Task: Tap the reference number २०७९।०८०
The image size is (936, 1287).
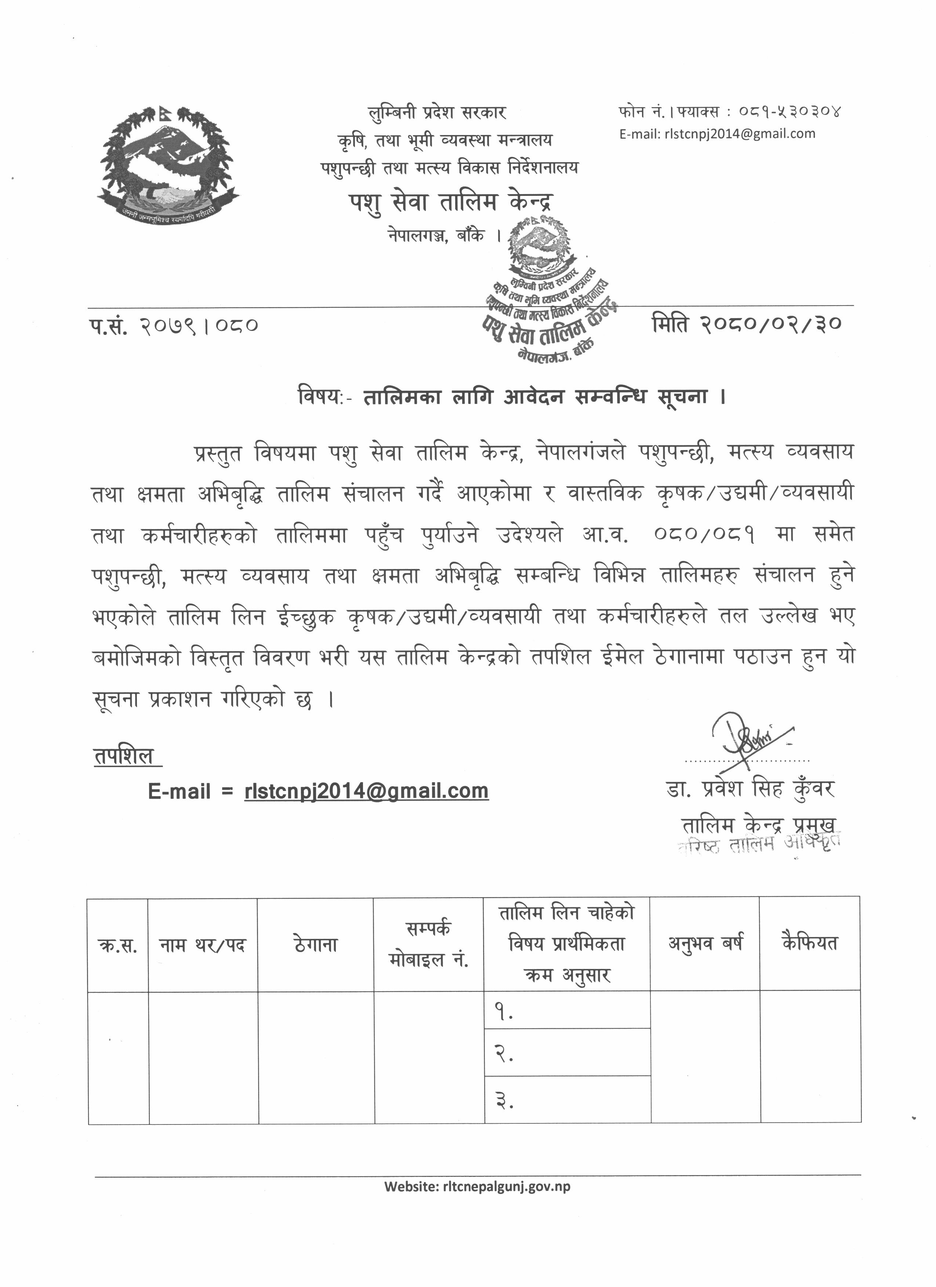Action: click(198, 326)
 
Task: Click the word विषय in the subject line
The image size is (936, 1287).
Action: click(320, 397)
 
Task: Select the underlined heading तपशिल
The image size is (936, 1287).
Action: click(124, 756)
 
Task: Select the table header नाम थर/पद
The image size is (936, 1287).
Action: click(202, 945)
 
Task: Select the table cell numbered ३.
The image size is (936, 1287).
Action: click(566, 1101)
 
